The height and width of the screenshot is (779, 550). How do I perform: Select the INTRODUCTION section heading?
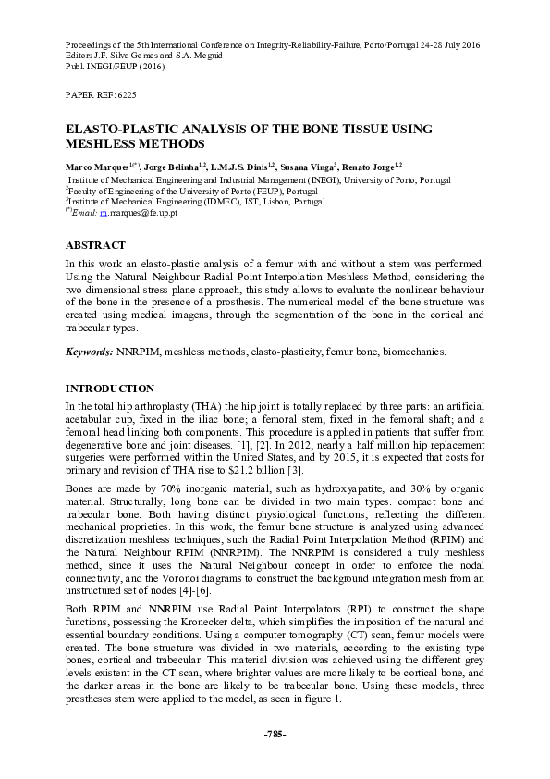pos(109,388)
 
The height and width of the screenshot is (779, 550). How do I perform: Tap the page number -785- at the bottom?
pos(275,734)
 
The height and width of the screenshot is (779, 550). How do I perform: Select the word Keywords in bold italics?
pos(89,352)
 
